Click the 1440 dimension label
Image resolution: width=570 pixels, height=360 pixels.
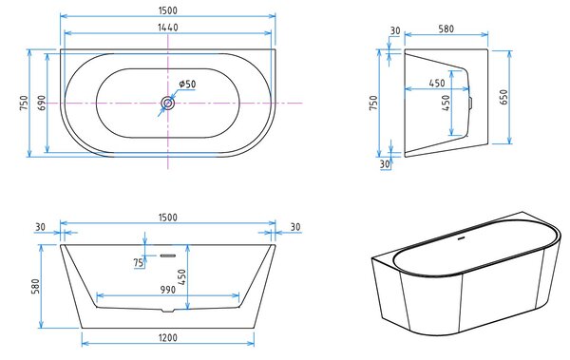[168, 28]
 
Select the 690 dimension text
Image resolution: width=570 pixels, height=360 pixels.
[42, 103]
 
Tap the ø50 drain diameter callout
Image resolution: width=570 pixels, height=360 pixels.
[187, 84]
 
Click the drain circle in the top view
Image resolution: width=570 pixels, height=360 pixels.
[168, 104]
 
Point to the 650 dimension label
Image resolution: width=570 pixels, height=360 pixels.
[503, 97]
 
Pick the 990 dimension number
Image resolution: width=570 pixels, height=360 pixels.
[168, 290]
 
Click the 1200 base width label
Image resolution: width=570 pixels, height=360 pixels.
[168, 338]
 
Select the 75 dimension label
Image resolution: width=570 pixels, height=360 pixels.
[138, 262]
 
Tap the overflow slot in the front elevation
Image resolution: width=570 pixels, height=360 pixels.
[168, 256]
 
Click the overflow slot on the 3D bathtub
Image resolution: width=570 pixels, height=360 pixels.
[462, 238]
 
